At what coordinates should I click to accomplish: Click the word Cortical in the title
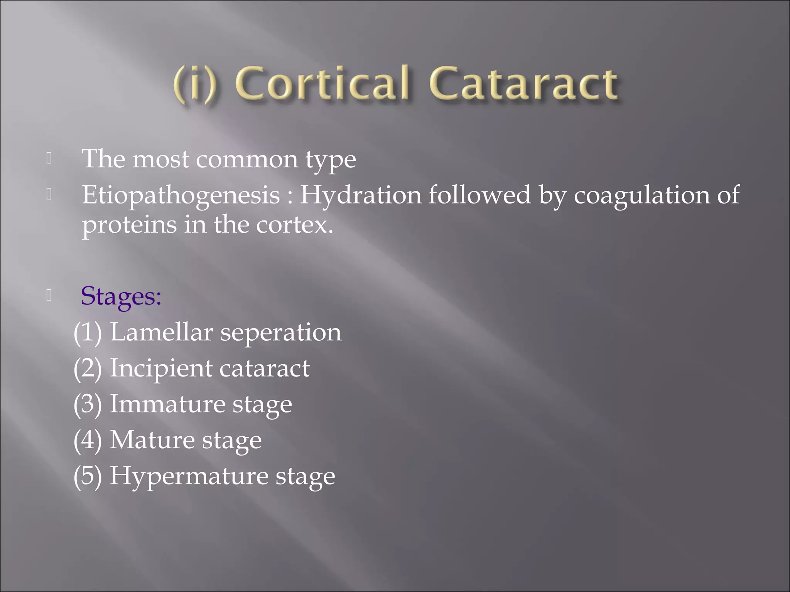pyautogui.click(x=322, y=83)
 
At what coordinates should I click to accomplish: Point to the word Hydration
pyautogui.click(x=361, y=194)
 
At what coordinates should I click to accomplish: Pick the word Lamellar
pyautogui.click(x=161, y=332)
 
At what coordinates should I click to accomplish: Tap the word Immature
pyautogui.click(x=167, y=404)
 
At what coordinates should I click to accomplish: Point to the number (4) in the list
pyautogui.click(x=88, y=440)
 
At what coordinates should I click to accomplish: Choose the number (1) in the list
pyautogui.click(x=88, y=332)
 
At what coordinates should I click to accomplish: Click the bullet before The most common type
pyautogui.click(x=49, y=158)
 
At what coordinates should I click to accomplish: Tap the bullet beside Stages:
pyautogui.click(x=49, y=295)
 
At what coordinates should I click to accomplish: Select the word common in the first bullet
pyautogui.click(x=247, y=159)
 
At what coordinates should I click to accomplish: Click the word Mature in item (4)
pyautogui.click(x=152, y=440)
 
